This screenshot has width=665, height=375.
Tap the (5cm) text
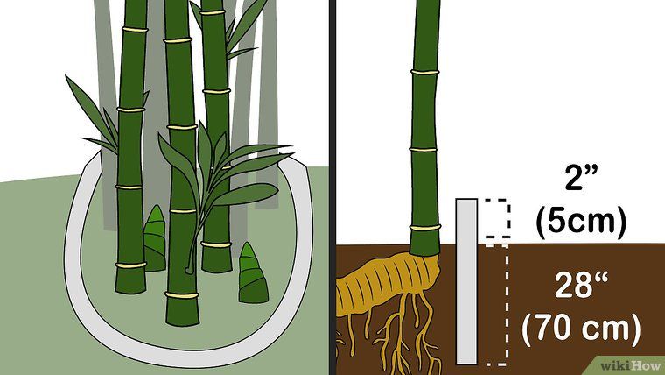(x=581, y=223)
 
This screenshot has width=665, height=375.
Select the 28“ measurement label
(x=581, y=286)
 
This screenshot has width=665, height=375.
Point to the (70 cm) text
(x=581, y=329)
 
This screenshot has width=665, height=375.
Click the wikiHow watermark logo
(x=632, y=365)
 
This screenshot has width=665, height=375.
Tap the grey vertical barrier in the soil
(x=466, y=281)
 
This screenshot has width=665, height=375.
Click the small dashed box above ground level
(x=497, y=217)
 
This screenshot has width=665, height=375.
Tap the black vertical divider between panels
(x=332, y=187)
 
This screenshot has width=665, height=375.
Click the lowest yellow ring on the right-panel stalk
(x=425, y=228)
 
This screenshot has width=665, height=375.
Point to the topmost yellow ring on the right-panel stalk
(x=425, y=72)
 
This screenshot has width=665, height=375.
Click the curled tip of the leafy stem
(x=189, y=270)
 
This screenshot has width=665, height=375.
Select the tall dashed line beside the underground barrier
(x=507, y=304)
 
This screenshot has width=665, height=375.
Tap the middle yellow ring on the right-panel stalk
(x=423, y=150)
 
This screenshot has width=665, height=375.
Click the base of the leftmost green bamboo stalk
(x=130, y=278)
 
